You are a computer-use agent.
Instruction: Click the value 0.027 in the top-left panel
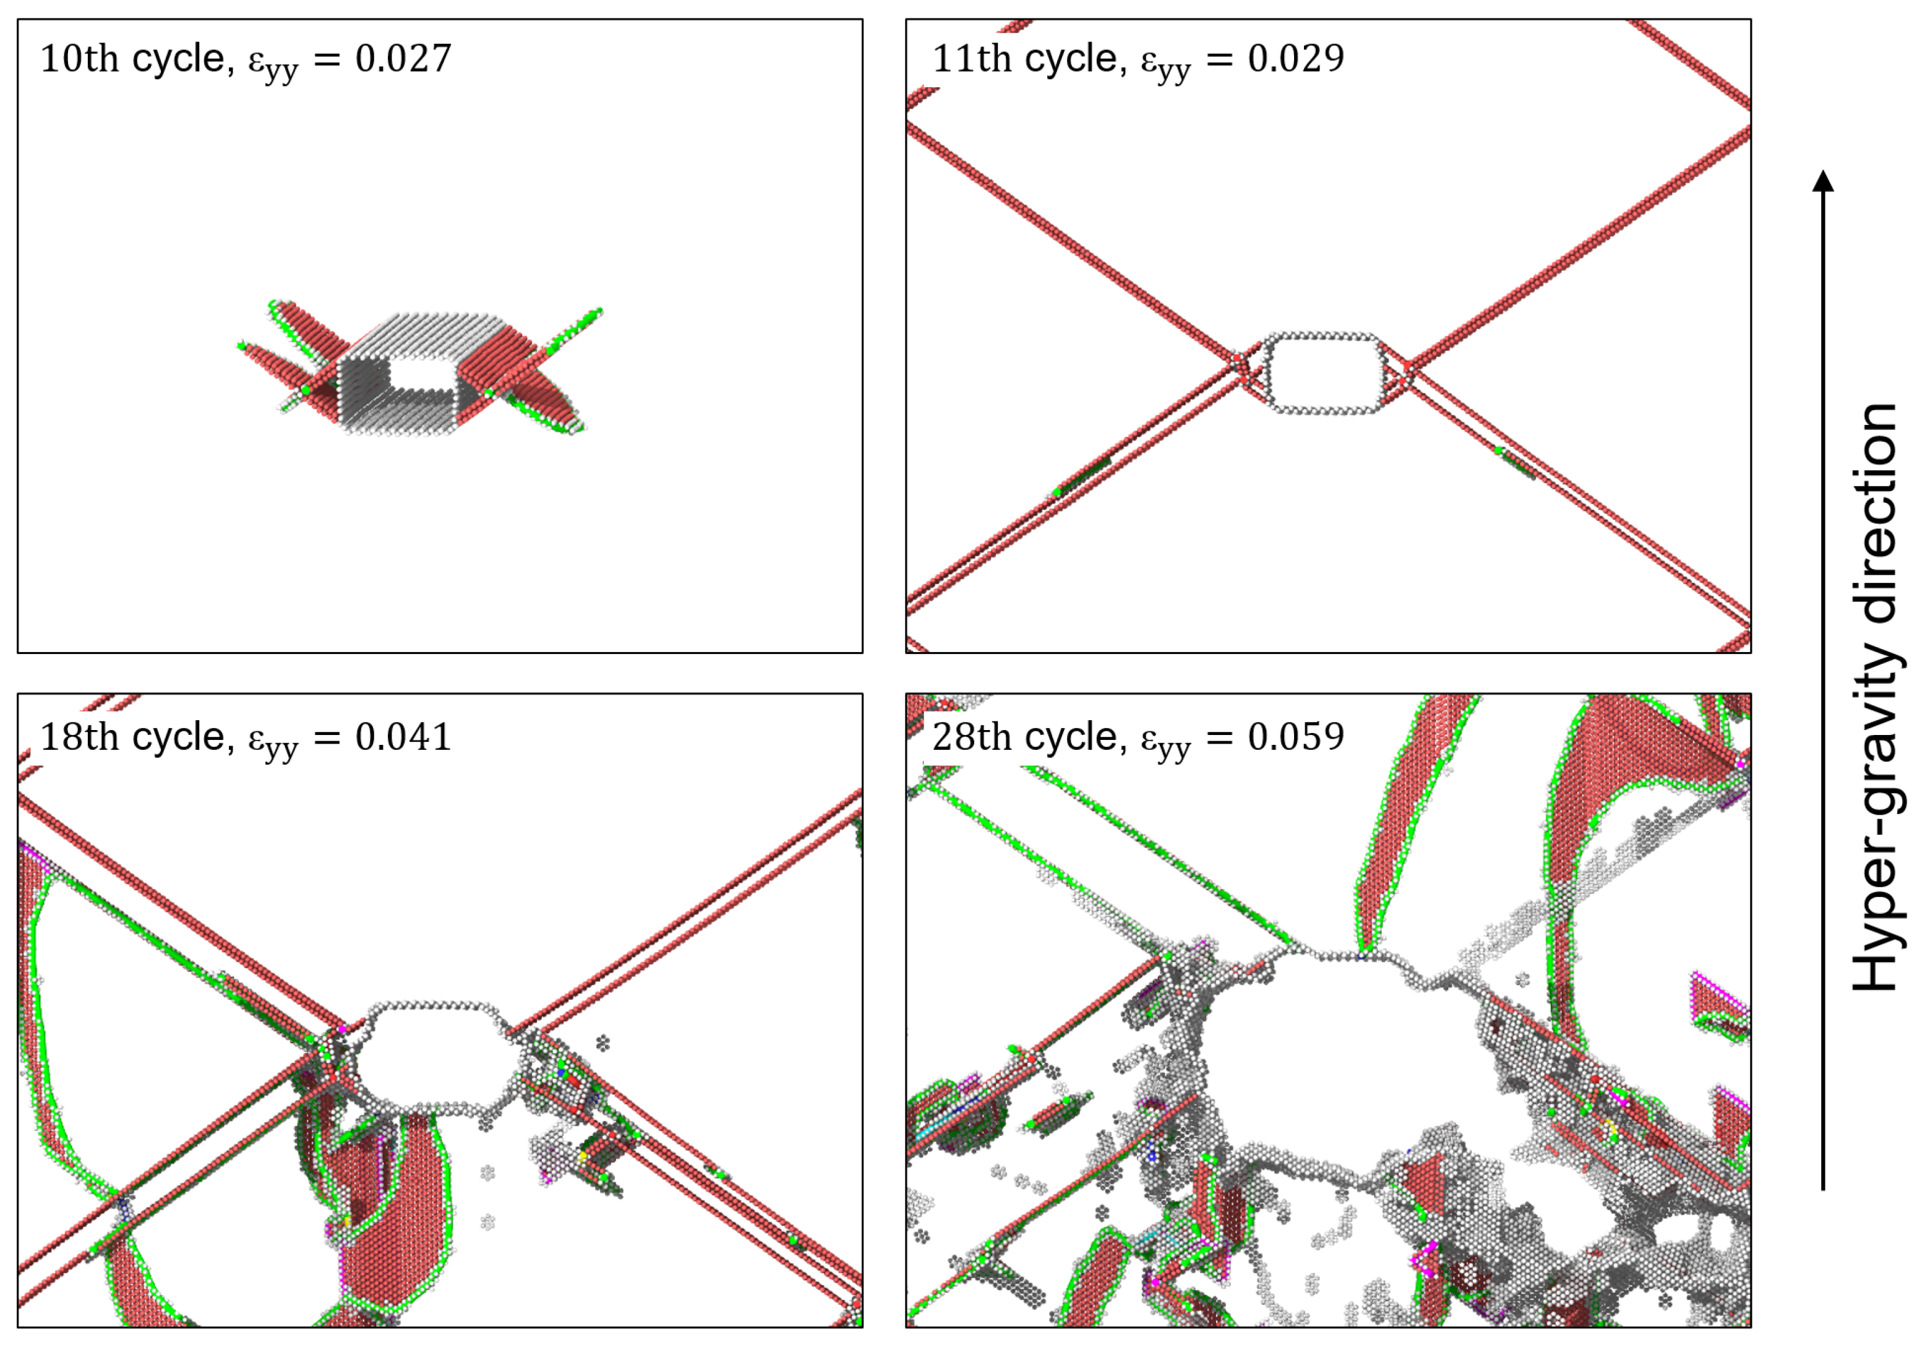[x=403, y=59]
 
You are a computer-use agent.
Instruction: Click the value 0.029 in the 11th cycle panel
[x=1296, y=59]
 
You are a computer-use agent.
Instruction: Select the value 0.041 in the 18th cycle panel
[x=403, y=737]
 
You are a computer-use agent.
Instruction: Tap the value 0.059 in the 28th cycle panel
[x=1296, y=737]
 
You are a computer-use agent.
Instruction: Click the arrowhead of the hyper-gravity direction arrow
[x=1823, y=180]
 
